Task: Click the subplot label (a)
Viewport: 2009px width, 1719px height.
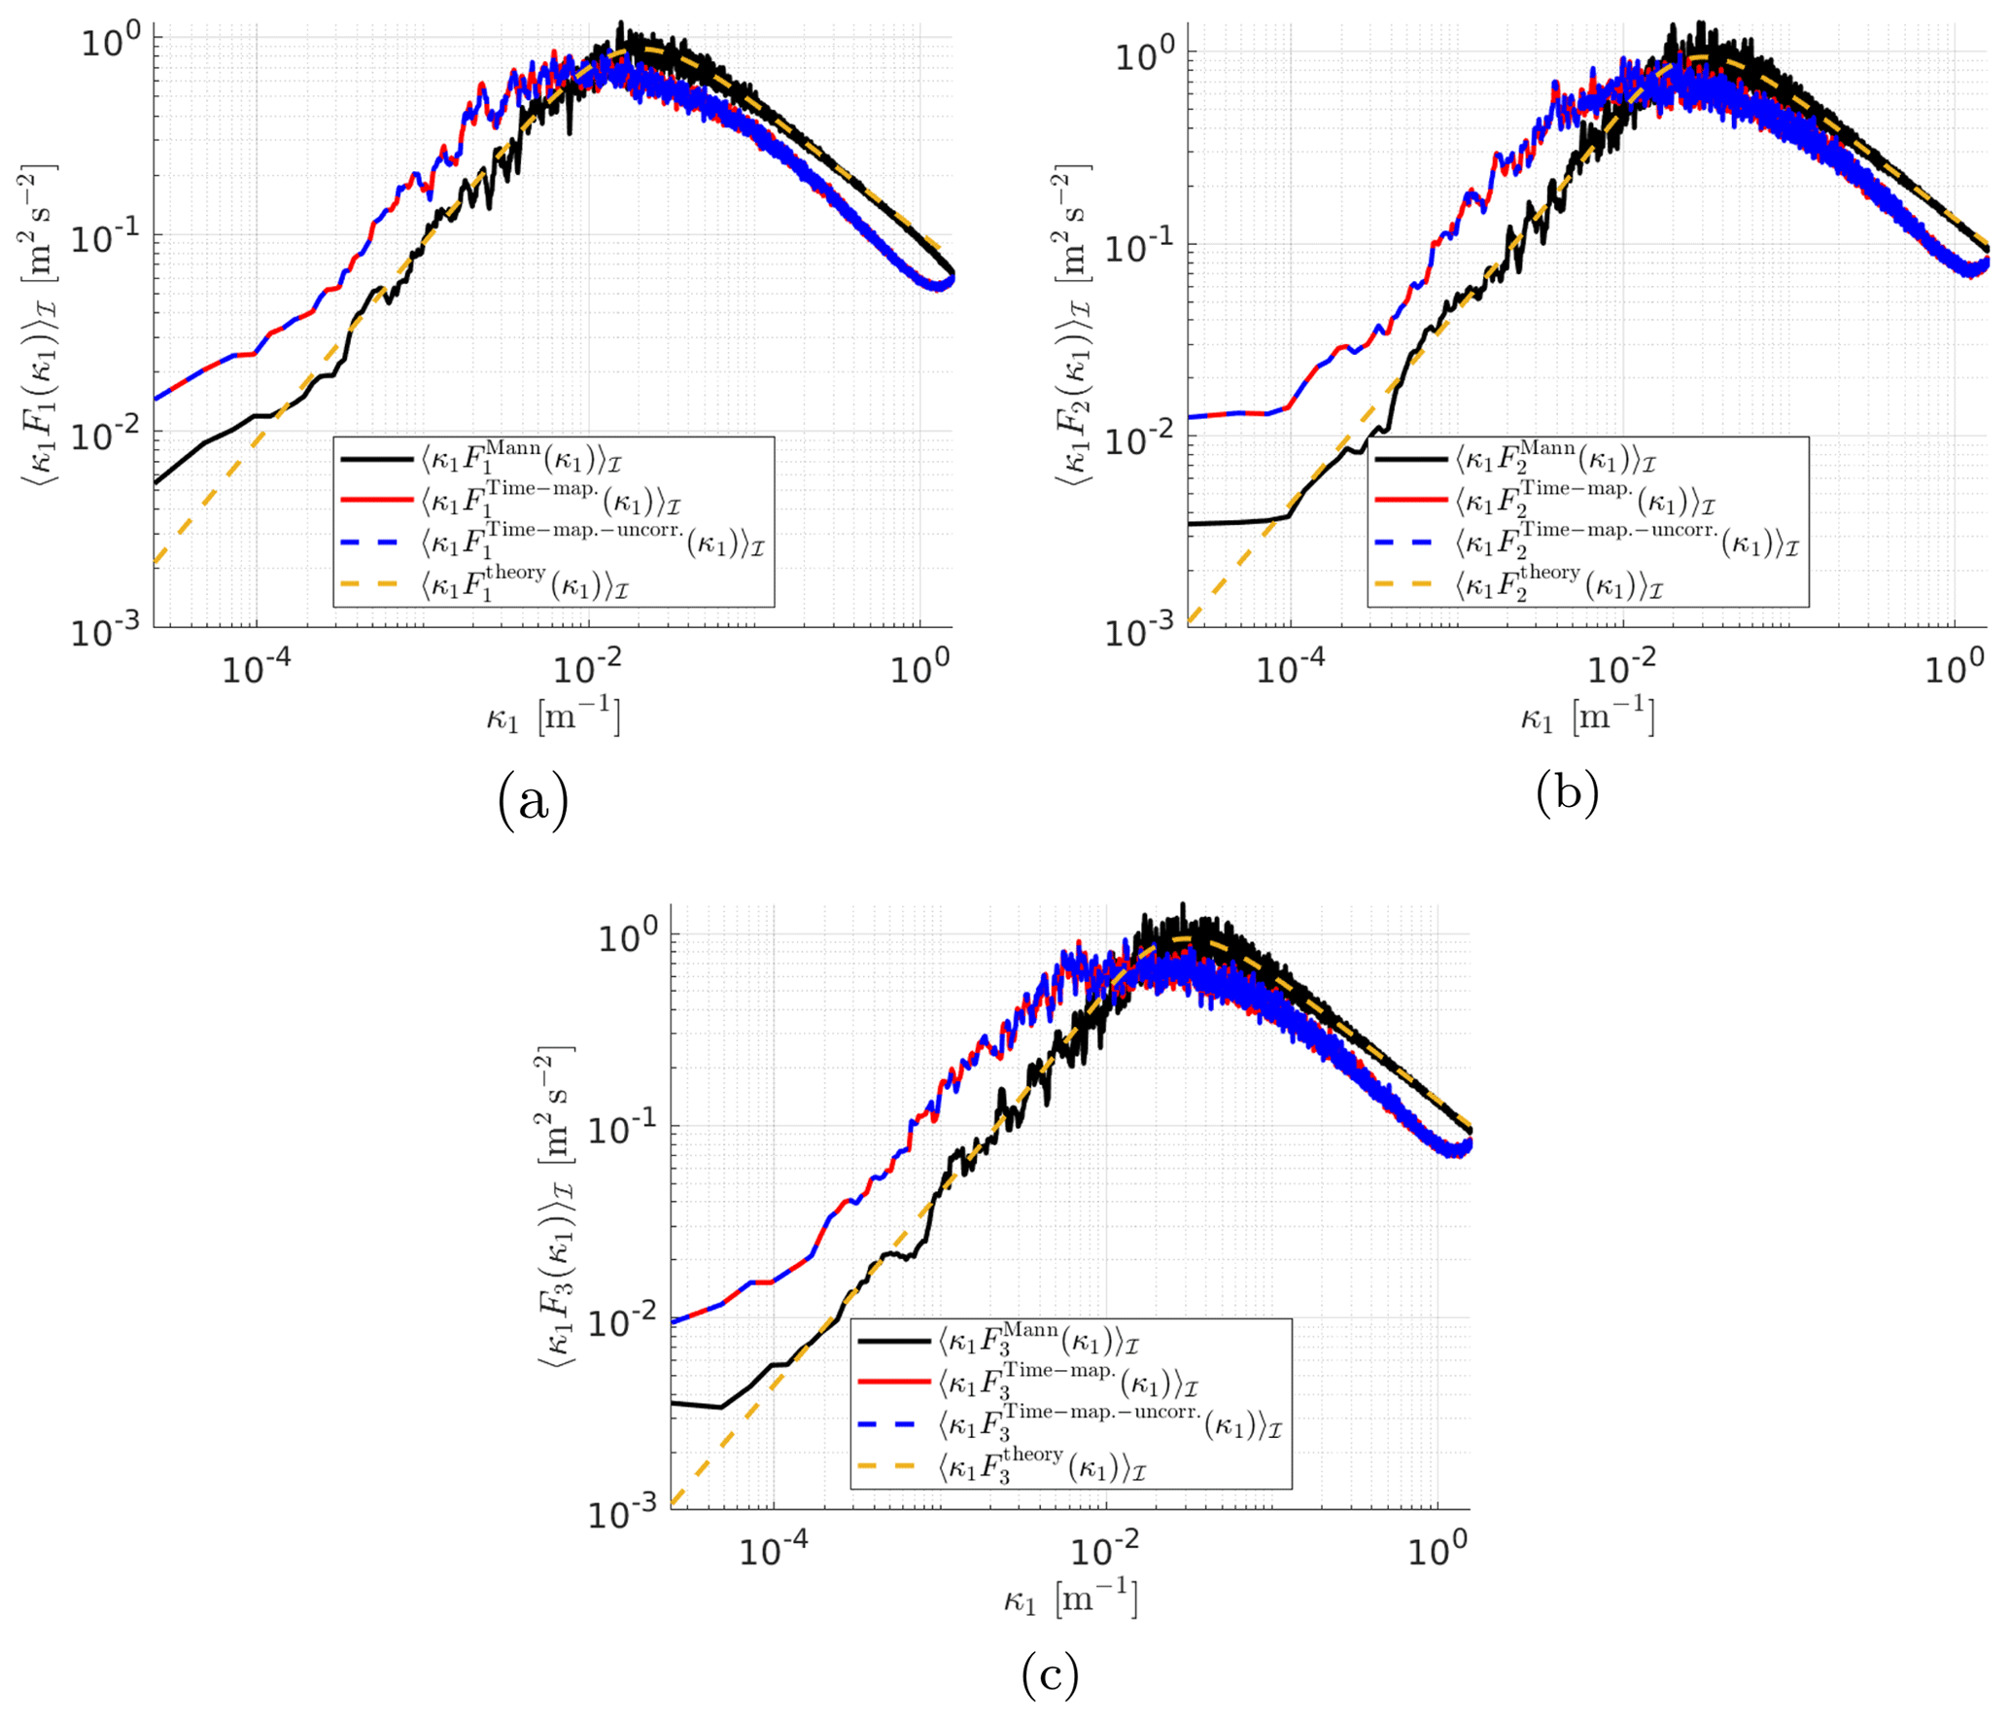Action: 532,800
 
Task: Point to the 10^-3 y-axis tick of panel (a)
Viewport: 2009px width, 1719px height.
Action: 106,632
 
